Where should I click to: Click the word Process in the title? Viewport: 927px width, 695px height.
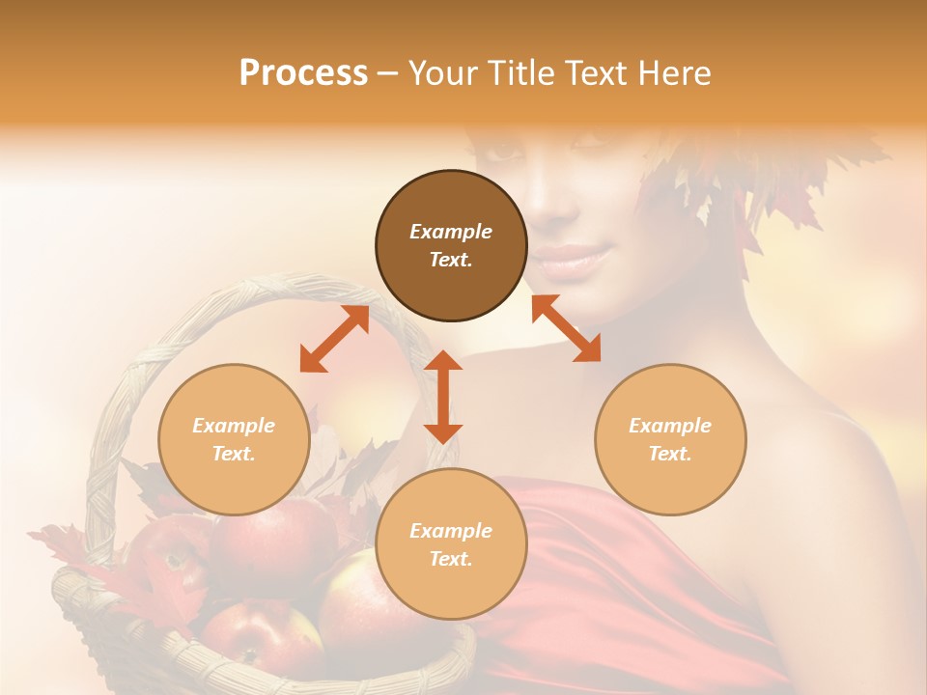pos(303,73)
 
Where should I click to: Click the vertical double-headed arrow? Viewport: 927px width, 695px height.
pos(443,397)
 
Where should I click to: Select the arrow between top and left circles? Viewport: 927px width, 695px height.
pos(334,339)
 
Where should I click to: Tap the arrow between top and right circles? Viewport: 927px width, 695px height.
pos(566,328)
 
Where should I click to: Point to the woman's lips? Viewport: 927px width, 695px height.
pos(576,259)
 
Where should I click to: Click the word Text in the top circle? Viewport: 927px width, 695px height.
pos(451,260)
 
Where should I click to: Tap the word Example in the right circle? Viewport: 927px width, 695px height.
pos(670,426)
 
